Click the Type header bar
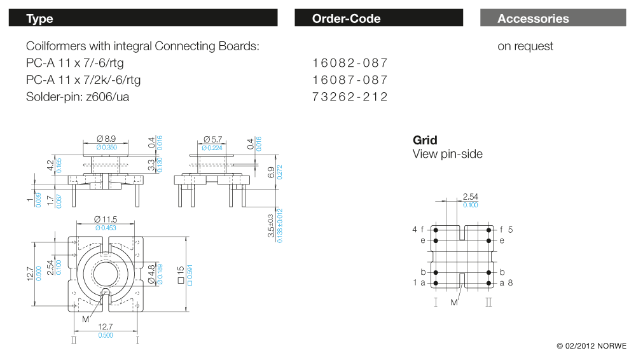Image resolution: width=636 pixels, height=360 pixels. tap(142, 18)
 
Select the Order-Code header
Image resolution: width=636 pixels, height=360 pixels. tap(378, 18)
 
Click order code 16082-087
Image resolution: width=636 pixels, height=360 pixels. tap(350, 63)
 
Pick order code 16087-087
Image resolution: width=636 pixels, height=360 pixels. tap(350, 80)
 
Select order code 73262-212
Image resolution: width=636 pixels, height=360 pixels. tap(350, 97)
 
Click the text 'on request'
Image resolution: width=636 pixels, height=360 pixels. tap(525, 46)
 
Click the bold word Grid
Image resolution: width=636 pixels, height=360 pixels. tap(425, 141)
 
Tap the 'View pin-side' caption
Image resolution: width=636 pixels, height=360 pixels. tap(447, 154)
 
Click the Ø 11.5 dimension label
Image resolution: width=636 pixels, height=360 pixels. tap(106, 219)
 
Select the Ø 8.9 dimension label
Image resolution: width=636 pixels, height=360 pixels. tap(106, 139)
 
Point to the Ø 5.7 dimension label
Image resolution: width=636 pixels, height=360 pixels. tap(213, 139)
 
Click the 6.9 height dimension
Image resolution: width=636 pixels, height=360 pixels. tap(271, 171)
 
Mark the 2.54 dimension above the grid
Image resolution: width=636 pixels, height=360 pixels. tap(471, 197)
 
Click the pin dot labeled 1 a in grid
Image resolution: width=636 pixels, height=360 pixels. tap(436, 282)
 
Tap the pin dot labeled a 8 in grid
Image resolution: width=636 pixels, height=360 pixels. tap(488, 282)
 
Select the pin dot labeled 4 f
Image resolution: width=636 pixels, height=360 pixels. tap(436, 230)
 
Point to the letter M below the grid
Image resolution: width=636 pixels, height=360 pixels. tap(454, 303)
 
